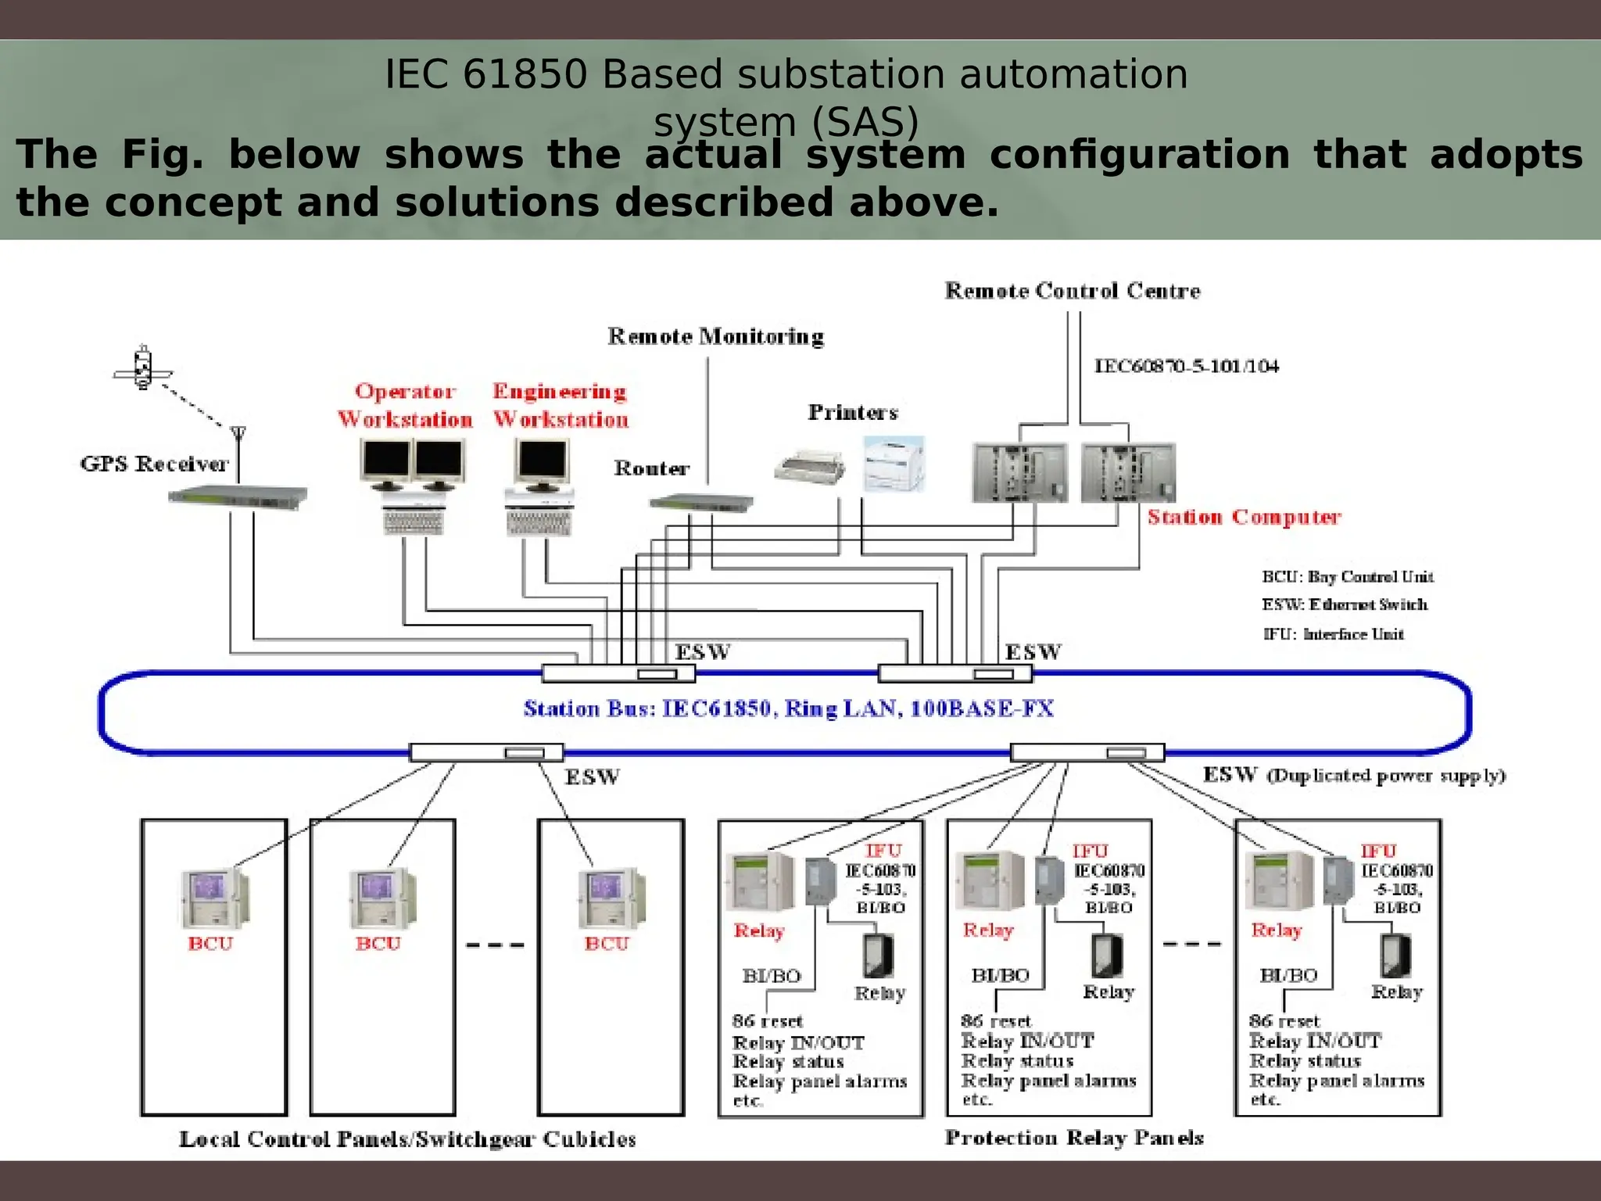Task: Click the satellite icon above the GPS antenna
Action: point(142,367)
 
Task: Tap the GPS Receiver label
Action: point(154,464)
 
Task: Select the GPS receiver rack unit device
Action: point(238,496)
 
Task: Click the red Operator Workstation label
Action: point(405,405)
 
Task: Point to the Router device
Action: point(701,503)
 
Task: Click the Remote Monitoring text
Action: point(715,336)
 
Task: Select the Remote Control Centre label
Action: point(1072,291)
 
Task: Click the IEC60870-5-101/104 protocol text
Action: point(1186,366)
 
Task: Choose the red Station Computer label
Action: point(1244,517)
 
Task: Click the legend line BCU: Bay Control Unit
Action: point(1347,577)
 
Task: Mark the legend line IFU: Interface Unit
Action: point(1333,634)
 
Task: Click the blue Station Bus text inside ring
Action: point(788,708)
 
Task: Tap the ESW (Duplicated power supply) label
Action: point(1353,775)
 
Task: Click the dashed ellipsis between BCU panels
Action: point(495,945)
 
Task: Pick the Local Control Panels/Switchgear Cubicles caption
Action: point(407,1138)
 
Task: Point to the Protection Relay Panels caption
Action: point(1073,1138)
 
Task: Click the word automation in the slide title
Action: point(1073,75)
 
